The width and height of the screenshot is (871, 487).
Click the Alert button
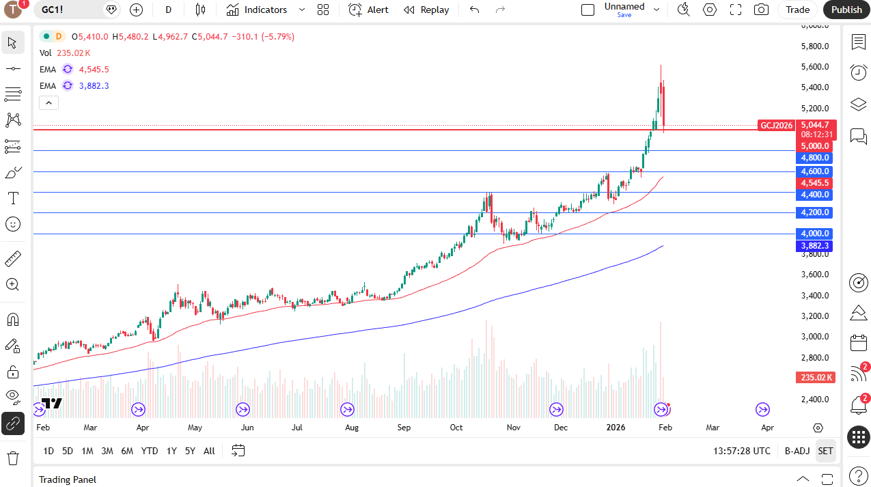tap(368, 10)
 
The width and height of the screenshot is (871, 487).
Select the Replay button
tap(426, 10)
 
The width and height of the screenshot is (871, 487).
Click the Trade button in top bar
tap(797, 10)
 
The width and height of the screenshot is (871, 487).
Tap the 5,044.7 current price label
tap(814, 125)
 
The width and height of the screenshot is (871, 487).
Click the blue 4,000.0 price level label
tap(814, 234)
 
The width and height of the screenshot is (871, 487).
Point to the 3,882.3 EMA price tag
tap(814, 246)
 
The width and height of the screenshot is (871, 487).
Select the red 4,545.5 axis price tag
tap(814, 183)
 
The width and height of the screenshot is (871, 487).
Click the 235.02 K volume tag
tap(814, 378)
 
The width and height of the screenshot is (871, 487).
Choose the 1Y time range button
tap(171, 451)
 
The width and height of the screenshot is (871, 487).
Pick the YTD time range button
tap(150, 451)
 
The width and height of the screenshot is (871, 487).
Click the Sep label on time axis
tap(404, 428)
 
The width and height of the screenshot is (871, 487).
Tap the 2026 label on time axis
tap(616, 428)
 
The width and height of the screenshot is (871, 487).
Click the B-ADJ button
tap(797, 451)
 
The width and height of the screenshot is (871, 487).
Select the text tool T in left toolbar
tap(12, 199)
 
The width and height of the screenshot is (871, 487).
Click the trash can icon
tap(12, 458)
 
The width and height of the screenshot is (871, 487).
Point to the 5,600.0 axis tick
tap(814, 67)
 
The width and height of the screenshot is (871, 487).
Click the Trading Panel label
tap(68, 479)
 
